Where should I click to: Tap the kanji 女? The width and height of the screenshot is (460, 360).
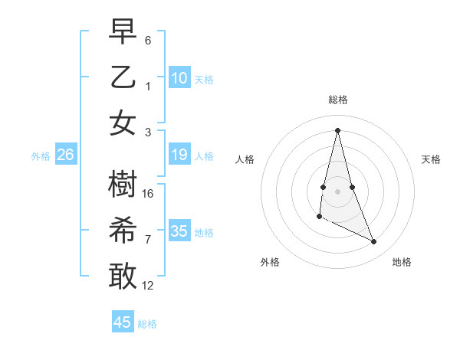click(123, 123)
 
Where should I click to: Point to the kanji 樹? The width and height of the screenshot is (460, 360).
click(123, 185)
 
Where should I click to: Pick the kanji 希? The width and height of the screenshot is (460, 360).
click(123, 231)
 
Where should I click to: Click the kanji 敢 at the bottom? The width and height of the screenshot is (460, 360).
click(123, 277)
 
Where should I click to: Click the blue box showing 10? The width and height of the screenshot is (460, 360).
click(179, 77)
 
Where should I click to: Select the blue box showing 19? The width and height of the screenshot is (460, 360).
click(179, 155)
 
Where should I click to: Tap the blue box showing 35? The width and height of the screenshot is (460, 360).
click(179, 231)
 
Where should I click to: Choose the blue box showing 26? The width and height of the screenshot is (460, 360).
click(65, 155)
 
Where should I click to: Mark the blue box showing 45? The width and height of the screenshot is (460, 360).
click(123, 322)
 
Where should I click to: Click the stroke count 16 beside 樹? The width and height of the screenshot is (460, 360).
click(149, 194)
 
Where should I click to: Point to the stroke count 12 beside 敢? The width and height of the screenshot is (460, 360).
click(149, 286)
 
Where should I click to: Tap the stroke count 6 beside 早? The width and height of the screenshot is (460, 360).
click(148, 40)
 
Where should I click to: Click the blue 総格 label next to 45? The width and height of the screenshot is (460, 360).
click(147, 324)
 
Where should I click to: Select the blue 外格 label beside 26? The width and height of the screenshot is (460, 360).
click(41, 156)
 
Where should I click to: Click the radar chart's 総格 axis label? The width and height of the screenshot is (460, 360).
click(338, 100)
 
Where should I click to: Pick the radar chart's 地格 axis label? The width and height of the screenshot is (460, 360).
click(402, 262)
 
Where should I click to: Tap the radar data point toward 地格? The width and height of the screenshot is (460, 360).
click(374, 241)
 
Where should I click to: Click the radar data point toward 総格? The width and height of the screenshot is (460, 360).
click(338, 130)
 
